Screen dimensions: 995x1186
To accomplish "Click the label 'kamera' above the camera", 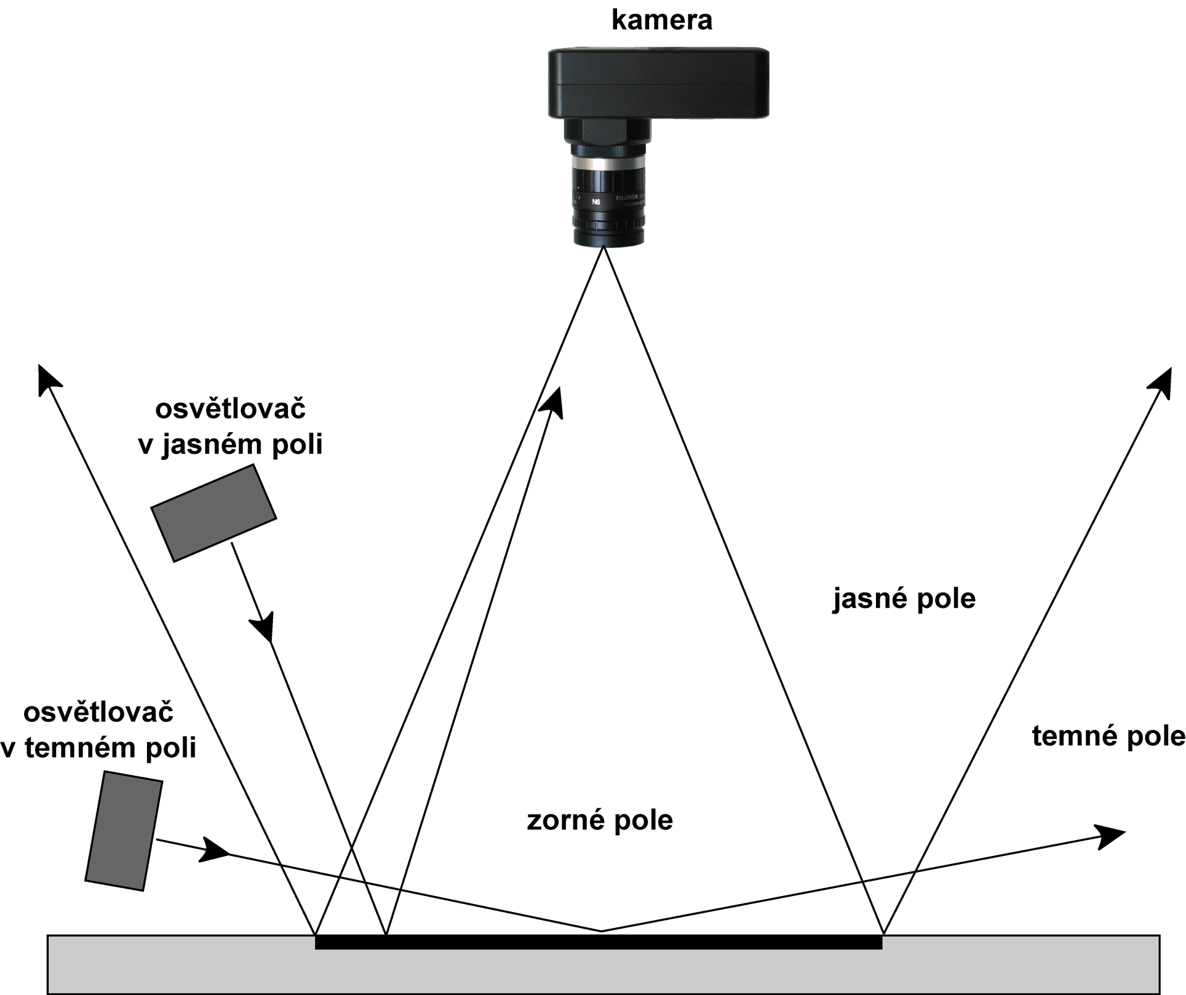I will click(662, 20).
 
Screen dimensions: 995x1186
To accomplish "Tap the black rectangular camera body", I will click(658, 83).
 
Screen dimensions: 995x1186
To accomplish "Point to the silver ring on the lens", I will click(608, 164).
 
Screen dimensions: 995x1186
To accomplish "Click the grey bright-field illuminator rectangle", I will click(214, 513).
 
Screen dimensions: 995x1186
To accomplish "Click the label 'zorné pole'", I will click(599, 821).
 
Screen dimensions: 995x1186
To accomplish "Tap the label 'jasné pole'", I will click(904, 599).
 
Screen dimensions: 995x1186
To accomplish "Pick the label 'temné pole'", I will click(1108, 736).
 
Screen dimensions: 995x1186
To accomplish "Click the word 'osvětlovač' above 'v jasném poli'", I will click(230, 409).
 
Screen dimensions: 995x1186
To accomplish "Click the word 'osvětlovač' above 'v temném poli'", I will click(98, 713).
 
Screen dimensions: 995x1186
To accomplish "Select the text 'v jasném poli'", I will click(230, 444).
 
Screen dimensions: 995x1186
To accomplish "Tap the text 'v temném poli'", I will click(98, 748).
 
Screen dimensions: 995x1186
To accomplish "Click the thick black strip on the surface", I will click(598, 942).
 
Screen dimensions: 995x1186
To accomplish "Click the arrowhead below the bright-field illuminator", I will click(264, 627).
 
